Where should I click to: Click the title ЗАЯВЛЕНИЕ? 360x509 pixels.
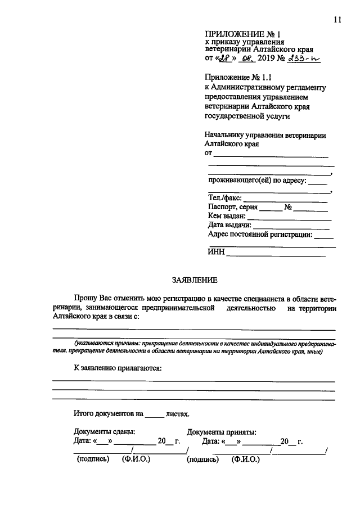pos(194,280)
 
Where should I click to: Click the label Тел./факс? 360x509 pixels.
pos(224,197)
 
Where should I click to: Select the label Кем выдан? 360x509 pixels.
pos(227,215)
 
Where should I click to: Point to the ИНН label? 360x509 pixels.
pos(216,253)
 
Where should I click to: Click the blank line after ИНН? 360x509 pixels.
pos(276,255)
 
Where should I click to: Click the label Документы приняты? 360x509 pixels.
pos(222,432)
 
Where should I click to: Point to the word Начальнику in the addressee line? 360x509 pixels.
pos(227,134)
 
